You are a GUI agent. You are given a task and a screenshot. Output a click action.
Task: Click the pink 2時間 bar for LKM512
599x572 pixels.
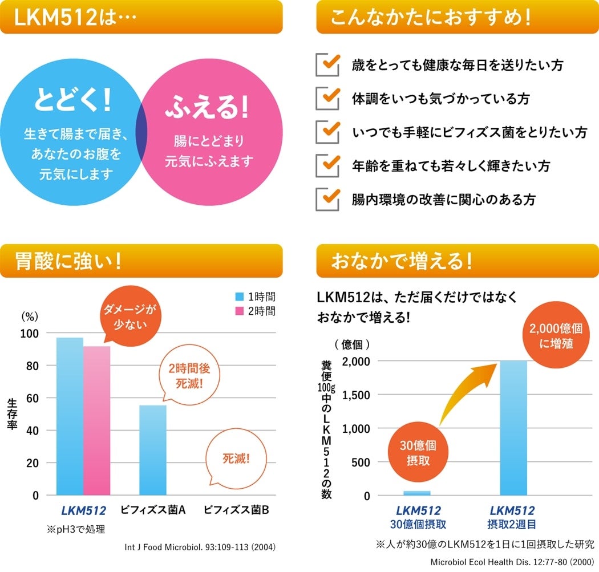tap(96, 422)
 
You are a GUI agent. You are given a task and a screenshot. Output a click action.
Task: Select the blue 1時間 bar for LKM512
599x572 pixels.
tap(70, 416)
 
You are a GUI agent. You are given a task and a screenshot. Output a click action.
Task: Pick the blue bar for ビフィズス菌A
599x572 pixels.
tap(153, 451)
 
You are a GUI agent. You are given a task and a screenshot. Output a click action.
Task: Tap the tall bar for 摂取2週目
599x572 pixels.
tap(513, 428)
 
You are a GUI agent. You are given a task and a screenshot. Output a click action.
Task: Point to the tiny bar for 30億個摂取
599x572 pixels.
tap(417, 493)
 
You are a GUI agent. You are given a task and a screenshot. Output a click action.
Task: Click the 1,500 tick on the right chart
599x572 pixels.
tap(356, 395)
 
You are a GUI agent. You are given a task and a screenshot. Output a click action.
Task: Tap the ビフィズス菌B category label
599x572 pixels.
tap(236, 509)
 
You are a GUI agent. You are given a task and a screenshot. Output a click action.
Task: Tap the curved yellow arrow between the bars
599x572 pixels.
tap(468, 393)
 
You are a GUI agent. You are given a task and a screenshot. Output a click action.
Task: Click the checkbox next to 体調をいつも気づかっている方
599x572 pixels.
tap(327, 98)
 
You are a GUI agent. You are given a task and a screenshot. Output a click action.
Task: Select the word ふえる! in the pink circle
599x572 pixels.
tap(207, 107)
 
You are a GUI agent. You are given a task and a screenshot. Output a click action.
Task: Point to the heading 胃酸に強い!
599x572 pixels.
tap(68, 262)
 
